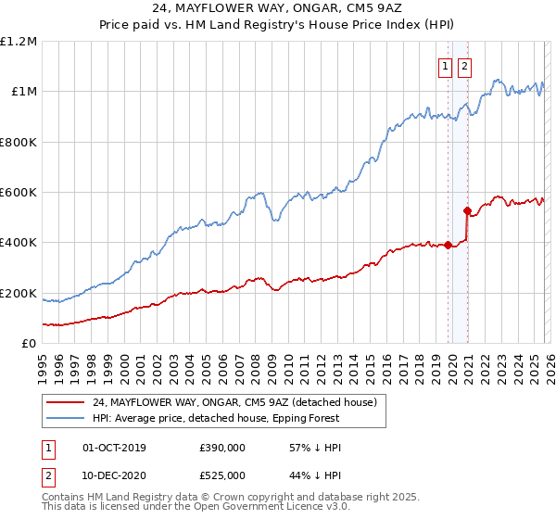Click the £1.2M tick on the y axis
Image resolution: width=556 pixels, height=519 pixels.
(x=19, y=42)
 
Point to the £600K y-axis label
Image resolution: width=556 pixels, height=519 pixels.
(x=19, y=193)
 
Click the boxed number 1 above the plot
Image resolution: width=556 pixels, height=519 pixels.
(x=446, y=66)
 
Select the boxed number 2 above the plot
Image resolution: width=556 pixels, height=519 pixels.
(x=463, y=66)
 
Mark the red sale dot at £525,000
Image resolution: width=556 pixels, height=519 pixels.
(x=467, y=210)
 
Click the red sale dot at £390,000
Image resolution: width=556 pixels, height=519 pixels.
(x=448, y=245)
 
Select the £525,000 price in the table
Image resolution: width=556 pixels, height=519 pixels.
(x=221, y=475)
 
